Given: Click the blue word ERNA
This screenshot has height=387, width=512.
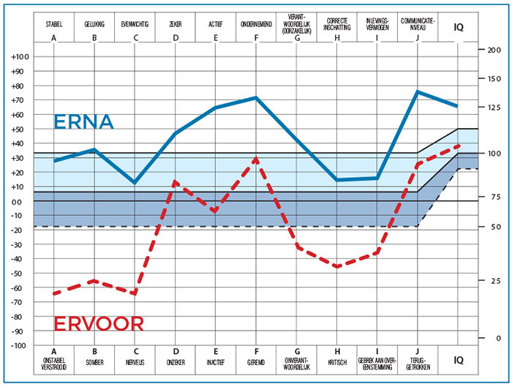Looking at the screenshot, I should point(83,122).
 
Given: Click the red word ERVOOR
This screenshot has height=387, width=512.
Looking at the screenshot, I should point(99,323).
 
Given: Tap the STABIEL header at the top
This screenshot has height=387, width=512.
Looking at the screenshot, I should point(53,23).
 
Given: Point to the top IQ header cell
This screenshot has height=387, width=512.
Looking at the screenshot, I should point(459,27).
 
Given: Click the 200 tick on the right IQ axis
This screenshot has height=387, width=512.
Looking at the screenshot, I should point(493,50).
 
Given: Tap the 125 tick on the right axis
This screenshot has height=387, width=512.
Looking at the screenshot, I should point(493,108).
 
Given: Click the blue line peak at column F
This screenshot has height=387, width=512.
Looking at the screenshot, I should point(256,97).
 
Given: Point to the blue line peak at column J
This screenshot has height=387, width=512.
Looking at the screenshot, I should point(417,91).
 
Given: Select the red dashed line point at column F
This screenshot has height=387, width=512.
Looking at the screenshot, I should point(256,157).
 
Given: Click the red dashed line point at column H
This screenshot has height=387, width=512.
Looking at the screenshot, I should point(337,267).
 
